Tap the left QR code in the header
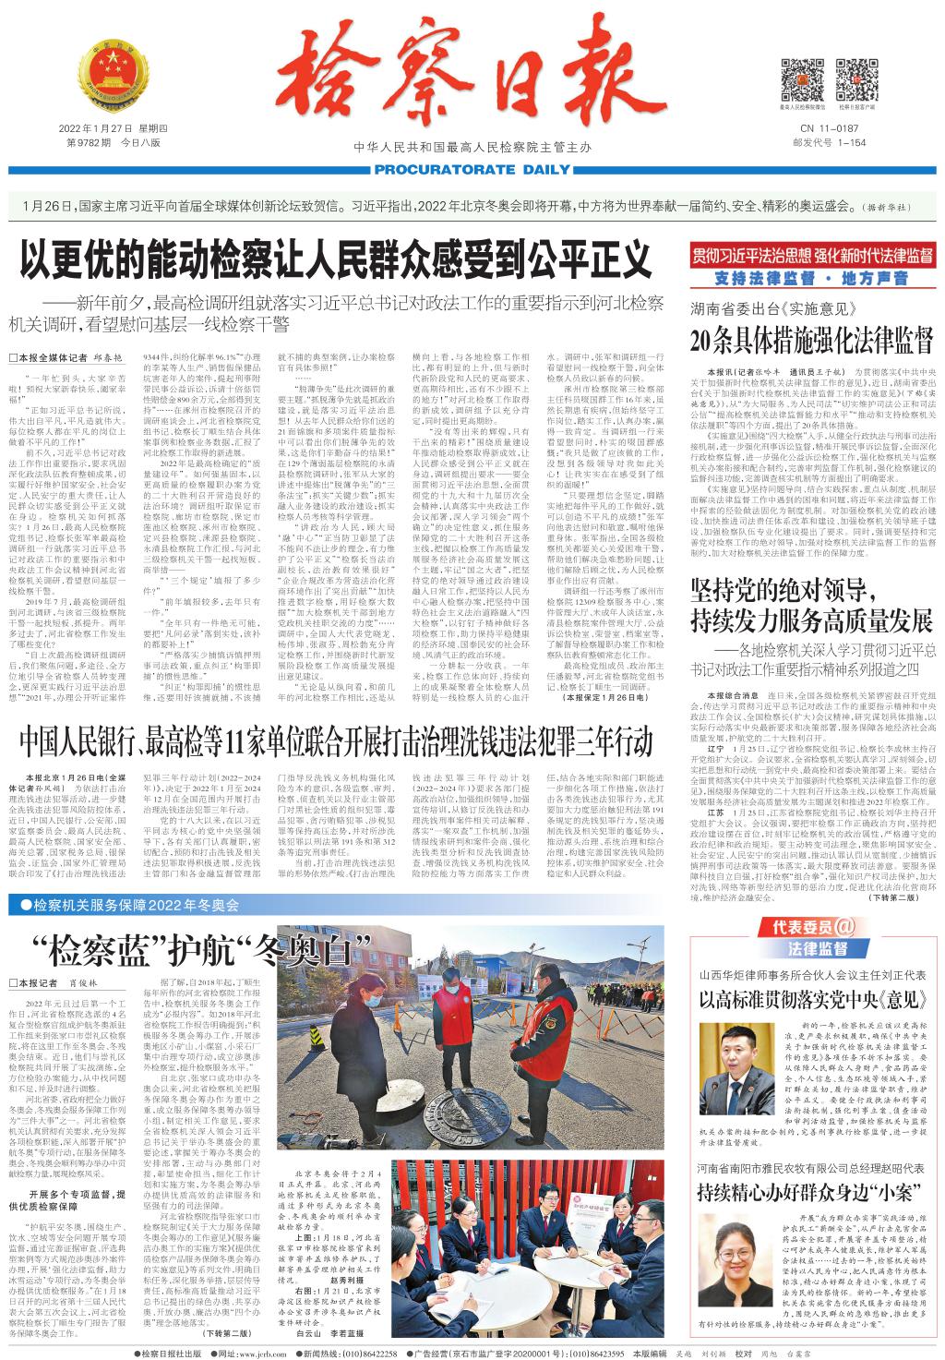click(802, 78)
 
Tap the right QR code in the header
click(856, 78)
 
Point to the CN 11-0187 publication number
click(830, 128)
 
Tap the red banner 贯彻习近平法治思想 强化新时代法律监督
click(812, 259)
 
